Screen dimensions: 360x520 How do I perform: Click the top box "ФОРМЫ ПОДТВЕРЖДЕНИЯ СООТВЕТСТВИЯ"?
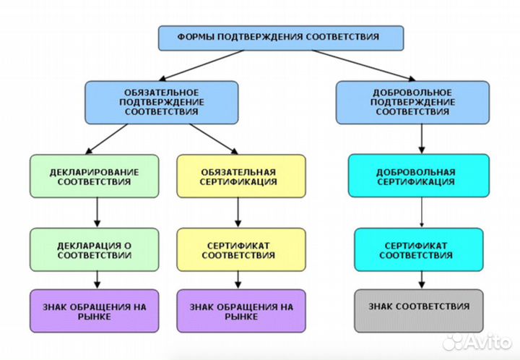(x=281, y=37)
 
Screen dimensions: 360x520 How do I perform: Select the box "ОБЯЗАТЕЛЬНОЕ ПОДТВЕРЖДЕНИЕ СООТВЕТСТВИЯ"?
(x=161, y=102)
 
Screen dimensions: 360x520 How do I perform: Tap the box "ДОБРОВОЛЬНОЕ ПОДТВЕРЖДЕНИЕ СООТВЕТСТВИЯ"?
(x=414, y=102)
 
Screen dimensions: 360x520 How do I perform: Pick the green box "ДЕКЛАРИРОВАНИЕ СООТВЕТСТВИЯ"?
(x=95, y=176)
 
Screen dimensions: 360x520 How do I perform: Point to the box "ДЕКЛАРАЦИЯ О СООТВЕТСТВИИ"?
(x=95, y=250)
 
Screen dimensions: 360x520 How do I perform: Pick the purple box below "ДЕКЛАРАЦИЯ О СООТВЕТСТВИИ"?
(x=95, y=311)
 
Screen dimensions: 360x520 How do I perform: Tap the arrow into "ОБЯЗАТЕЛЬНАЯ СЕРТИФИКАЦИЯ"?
(x=214, y=138)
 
